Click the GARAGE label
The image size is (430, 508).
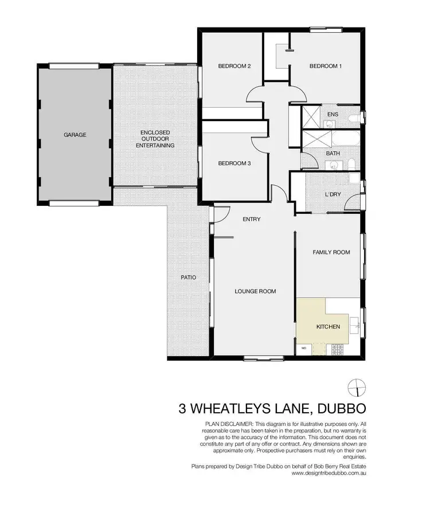(75, 135)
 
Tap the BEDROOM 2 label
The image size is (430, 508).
(234, 66)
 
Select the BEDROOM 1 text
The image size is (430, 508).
(325, 66)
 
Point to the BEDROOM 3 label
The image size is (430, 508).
(234, 163)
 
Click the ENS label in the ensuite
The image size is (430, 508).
(333, 114)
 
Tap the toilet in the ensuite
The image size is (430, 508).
(356, 117)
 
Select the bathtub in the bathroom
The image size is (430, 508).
(344, 139)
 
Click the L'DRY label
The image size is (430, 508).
(333, 194)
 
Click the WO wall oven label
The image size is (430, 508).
(303, 348)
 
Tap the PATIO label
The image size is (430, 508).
(189, 278)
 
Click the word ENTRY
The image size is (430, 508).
(252, 219)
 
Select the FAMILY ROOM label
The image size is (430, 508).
(331, 252)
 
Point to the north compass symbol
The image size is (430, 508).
(356, 388)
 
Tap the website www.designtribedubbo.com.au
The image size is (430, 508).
(326, 474)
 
